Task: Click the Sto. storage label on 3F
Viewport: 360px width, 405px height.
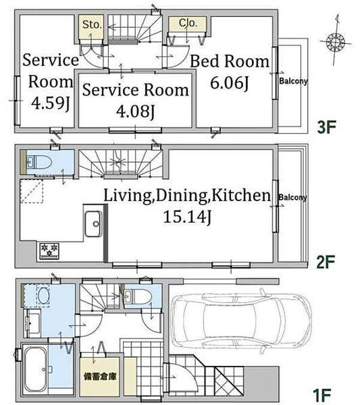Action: coord(92,25)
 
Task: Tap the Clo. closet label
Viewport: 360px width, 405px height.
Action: coord(188,23)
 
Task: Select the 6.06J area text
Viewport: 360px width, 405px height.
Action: coord(230,84)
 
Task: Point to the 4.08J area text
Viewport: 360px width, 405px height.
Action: coord(135,111)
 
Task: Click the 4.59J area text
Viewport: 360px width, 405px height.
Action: coord(51,103)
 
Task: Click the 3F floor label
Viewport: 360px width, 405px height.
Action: coord(326,128)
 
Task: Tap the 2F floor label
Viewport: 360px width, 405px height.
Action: coord(326,262)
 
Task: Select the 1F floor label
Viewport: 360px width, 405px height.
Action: coord(322,394)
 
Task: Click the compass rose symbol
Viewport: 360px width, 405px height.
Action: coord(336,42)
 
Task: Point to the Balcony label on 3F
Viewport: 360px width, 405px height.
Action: coord(293,81)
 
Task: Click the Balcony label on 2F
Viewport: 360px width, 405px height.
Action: coord(292,198)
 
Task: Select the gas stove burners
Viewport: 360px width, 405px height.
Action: coord(49,251)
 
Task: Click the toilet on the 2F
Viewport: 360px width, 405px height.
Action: coord(39,163)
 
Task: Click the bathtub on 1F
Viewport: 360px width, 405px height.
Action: coord(36,369)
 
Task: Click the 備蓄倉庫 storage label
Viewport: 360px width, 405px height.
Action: coord(100,377)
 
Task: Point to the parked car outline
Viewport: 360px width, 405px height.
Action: coord(241,320)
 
